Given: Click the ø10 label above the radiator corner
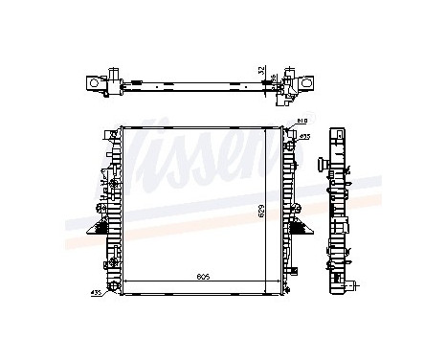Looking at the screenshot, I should coord(302,122).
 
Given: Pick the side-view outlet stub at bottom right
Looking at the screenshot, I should coord(355,284).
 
